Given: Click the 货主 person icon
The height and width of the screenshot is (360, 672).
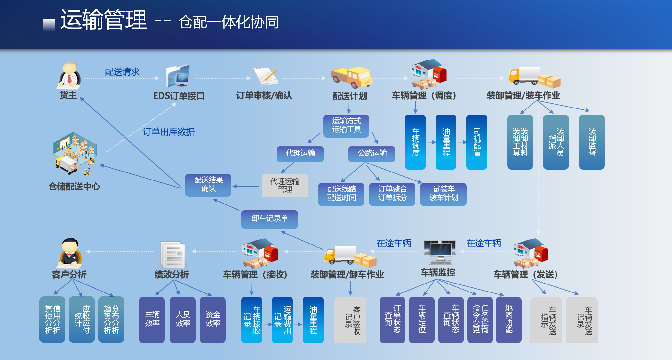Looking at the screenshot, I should click(69, 76).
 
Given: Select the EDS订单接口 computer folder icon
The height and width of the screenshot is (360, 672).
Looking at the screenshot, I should click(178, 76).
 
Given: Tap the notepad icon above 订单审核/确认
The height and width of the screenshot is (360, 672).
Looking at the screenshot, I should click(266, 76).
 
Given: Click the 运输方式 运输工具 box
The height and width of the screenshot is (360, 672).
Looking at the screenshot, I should click(346, 126).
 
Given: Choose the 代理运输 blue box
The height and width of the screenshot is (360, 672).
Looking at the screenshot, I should click(300, 154).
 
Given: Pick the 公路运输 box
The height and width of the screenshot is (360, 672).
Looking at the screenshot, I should click(372, 154).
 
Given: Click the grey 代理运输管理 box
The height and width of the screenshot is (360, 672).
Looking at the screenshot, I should click(285, 185).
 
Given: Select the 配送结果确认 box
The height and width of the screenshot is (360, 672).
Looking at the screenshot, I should click(208, 185).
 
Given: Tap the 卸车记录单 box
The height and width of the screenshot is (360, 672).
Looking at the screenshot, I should click(269, 219).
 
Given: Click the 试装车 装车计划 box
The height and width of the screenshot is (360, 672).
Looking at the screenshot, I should click(443, 194).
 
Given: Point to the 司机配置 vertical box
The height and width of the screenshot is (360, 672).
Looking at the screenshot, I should click(476, 142).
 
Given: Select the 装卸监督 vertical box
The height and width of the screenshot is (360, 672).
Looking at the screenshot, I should click(592, 142).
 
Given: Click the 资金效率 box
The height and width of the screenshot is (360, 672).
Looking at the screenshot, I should click(212, 319).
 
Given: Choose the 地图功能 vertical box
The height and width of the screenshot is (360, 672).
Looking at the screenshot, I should click(508, 319).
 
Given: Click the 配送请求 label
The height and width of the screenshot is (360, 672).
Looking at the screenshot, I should click(122, 72).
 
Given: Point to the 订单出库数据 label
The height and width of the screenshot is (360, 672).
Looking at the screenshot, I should click(169, 132).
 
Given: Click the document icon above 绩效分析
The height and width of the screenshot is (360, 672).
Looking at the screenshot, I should click(173, 255).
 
